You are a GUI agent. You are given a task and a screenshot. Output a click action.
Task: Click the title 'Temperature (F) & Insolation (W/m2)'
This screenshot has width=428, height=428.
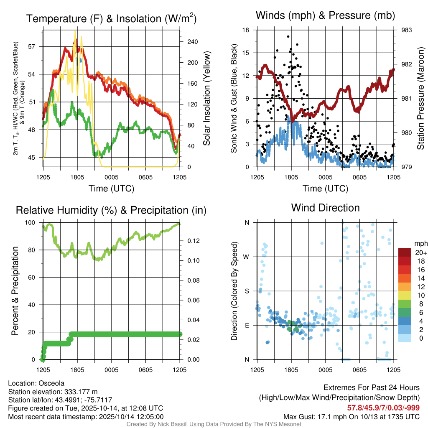pos(111,19)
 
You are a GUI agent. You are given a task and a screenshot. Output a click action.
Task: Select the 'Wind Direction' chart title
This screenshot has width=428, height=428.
pos(325,208)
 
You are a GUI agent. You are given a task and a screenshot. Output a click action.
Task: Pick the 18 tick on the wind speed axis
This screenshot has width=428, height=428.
pos(246,30)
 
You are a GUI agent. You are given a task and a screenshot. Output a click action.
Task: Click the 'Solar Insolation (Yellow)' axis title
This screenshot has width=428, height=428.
pos(206,99)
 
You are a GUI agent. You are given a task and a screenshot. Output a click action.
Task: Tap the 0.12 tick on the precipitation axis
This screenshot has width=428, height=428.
pos(191,241)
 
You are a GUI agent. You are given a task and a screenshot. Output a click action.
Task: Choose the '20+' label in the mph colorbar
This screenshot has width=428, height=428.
pos(420,252)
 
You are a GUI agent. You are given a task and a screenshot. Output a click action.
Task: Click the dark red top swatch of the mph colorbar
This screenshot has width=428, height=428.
pos(405,252)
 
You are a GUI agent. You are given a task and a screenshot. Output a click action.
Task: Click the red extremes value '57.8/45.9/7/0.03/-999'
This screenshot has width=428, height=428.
pos(383,408)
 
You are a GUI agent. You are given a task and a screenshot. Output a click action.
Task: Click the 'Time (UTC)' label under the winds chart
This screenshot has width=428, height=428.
pos(325,189)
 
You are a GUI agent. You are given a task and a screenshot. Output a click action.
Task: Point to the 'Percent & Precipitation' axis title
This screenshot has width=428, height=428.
pos(15,291)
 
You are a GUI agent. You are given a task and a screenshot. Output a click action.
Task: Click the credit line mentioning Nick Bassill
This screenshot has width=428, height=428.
pos(214,424)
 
